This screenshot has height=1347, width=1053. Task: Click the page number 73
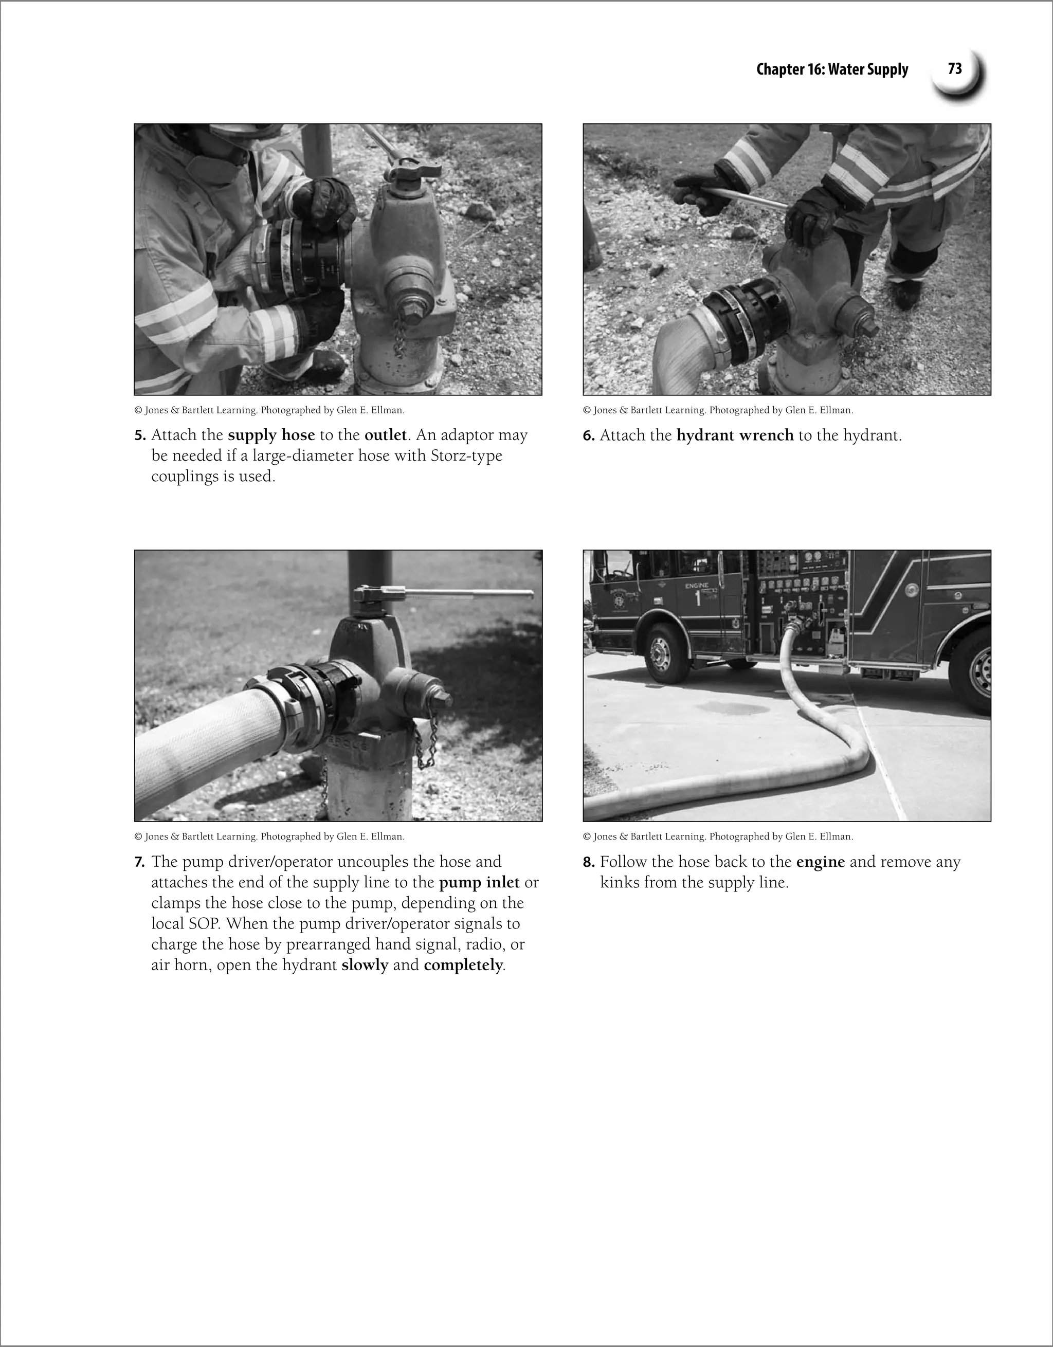click(954, 68)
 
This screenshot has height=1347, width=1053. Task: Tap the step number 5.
click(139, 435)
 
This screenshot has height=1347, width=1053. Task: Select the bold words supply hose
click(271, 435)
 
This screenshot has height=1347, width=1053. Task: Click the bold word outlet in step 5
click(385, 435)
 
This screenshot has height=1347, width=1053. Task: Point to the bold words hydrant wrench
click(735, 435)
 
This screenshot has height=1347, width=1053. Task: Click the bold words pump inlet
click(479, 883)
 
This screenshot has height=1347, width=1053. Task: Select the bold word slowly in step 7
click(365, 965)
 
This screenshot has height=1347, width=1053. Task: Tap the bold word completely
click(463, 965)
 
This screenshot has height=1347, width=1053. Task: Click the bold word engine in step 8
click(820, 862)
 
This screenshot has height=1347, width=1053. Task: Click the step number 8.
click(589, 862)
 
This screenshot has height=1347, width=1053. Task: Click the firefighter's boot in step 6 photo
click(905, 294)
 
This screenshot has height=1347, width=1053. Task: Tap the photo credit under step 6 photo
click(717, 410)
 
